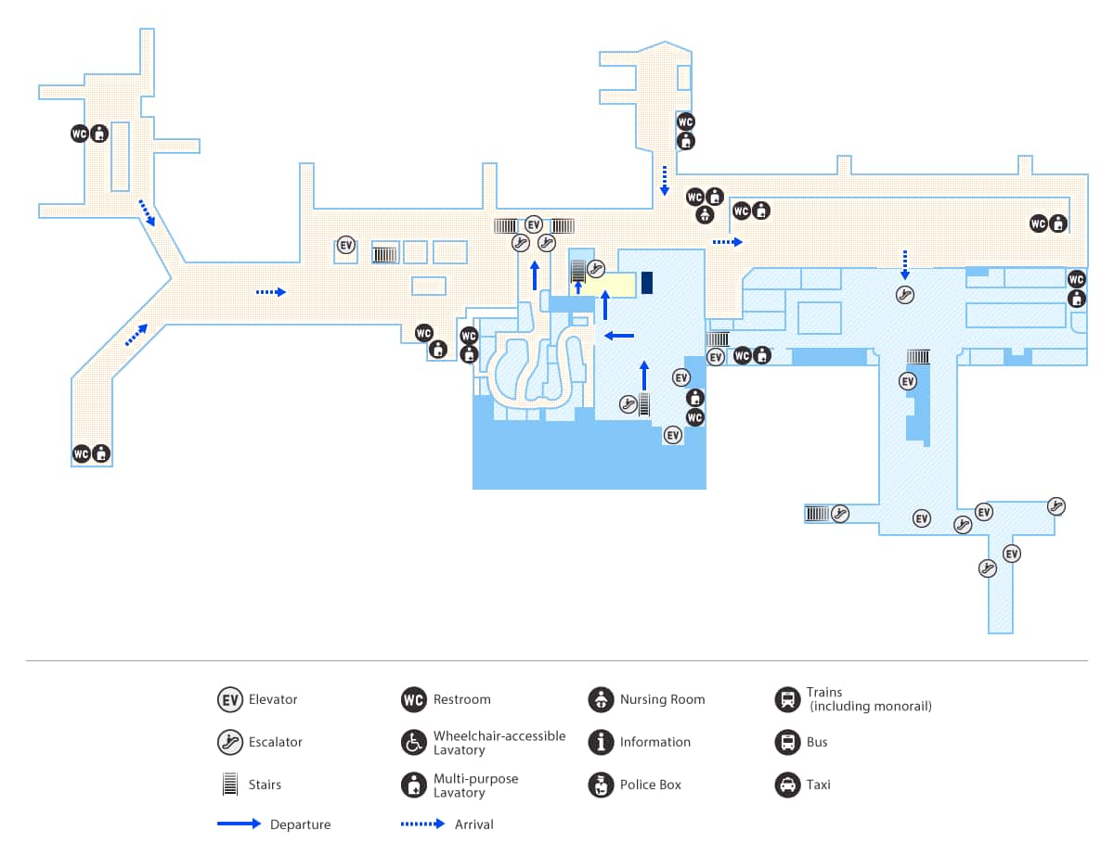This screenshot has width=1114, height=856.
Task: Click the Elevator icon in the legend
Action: point(229,699)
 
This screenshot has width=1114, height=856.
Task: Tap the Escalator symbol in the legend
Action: point(229,742)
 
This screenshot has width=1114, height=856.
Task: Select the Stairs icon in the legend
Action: point(229,785)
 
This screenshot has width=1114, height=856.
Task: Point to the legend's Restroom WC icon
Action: point(414,699)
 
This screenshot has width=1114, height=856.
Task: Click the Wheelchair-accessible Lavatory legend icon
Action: point(414,742)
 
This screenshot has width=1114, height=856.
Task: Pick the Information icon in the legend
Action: point(601,742)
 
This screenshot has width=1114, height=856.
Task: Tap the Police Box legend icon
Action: point(601,785)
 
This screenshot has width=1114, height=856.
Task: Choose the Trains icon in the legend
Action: point(787,699)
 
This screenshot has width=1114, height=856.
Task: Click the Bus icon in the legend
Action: point(787,742)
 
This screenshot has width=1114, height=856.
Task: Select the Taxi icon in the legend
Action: point(787,785)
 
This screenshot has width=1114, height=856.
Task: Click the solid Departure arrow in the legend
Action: point(239,824)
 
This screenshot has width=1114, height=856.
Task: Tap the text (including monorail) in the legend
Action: point(870,707)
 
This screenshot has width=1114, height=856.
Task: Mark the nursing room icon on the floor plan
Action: point(705,216)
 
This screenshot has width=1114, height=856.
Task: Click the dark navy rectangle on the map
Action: point(647,283)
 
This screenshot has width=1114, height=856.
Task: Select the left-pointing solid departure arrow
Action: point(619,335)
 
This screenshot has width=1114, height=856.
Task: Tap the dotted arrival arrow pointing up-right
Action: point(136,335)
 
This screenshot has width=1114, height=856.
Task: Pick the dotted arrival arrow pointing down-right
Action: point(148,212)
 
